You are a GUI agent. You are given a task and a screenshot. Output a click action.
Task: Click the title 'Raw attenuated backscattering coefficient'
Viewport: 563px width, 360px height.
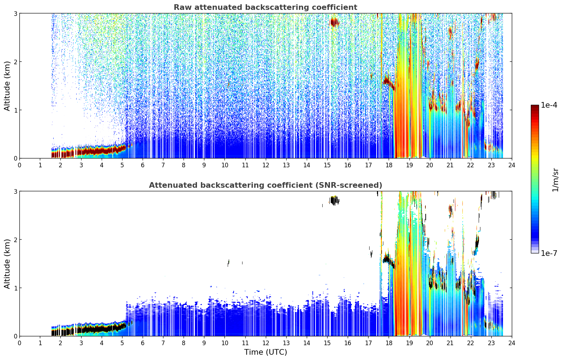point(265,7)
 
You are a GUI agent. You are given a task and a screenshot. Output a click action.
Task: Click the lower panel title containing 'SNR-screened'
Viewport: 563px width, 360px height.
point(265,185)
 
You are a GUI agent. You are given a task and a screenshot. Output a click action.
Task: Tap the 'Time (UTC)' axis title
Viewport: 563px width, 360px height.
point(265,352)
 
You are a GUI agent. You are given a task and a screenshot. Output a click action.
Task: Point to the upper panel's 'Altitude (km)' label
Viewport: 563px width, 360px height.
point(7,86)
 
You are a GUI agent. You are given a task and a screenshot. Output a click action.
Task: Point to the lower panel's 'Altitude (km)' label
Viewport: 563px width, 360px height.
point(7,264)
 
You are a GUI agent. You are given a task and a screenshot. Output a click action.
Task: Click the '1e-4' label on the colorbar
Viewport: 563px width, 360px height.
point(549,105)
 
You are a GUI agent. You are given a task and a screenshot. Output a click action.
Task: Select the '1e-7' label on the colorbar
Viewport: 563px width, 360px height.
point(549,253)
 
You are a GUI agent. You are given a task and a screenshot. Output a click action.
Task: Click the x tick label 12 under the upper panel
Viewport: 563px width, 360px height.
point(266,165)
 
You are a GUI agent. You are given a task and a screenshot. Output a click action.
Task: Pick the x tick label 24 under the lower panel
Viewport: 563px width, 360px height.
point(512,343)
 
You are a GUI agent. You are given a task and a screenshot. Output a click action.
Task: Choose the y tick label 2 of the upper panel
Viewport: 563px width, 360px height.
point(15,62)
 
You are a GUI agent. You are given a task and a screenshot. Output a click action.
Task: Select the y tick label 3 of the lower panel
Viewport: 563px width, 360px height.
point(15,191)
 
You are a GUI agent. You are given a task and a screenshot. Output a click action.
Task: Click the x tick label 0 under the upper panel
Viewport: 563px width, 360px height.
point(20,165)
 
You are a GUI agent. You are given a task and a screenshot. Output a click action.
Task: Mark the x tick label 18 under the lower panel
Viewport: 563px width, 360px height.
point(389,343)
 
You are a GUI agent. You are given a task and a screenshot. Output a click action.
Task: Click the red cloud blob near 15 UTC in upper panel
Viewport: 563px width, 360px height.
point(334,23)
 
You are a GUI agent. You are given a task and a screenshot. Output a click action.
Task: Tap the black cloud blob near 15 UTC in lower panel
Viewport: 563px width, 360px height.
point(334,200)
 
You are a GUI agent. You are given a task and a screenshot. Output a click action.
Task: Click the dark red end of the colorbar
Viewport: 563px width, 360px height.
point(535,107)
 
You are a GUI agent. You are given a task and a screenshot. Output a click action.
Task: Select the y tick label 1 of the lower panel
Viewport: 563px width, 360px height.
point(15,288)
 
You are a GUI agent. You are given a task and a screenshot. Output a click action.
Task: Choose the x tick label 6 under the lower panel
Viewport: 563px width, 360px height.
point(143,343)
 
